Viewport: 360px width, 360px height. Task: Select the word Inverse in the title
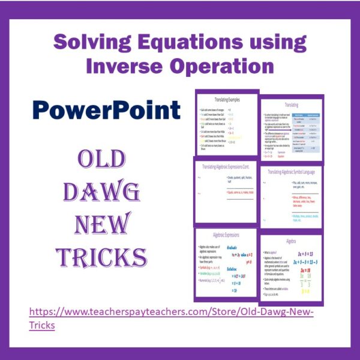point(124,65)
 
